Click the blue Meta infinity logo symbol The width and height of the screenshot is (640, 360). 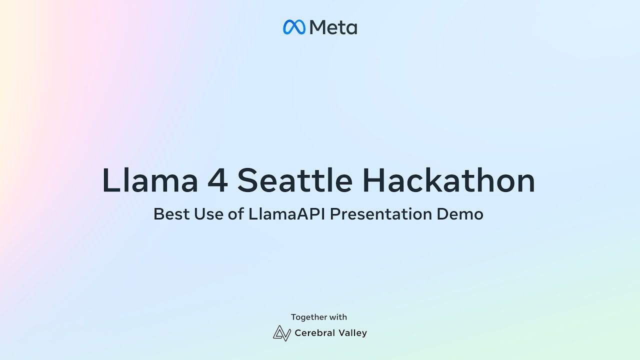click(x=294, y=27)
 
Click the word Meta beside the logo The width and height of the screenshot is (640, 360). click(x=333, y=27)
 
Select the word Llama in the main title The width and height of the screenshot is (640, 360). click(x=150, y=180)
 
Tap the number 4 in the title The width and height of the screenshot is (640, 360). click(x=217, y=180)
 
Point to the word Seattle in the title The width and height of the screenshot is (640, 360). click(x=295, y=180)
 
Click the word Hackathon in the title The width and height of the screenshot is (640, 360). click(x=448, y=180)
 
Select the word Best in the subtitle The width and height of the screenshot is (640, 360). click(x=171, y=214)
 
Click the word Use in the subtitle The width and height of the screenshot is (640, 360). click(x=208, y=214)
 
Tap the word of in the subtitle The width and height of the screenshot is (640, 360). click(x=236, y=213)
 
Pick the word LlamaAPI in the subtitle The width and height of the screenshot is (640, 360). click(x=287, y=213)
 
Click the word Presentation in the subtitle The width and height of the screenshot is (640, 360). click(x=381, y=214)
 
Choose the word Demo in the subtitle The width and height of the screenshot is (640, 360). click(x=460, y=214)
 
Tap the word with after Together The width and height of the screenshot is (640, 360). click(x=338, y=317)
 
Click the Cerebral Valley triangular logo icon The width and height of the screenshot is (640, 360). click(x=282, y=333)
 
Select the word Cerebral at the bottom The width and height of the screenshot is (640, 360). click(x=315, y=333)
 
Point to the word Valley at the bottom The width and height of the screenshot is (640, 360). click(x=353, y=333)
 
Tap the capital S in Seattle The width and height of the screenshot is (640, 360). click(x=247, y=180)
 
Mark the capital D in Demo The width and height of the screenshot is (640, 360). click(x=443, y=214)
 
